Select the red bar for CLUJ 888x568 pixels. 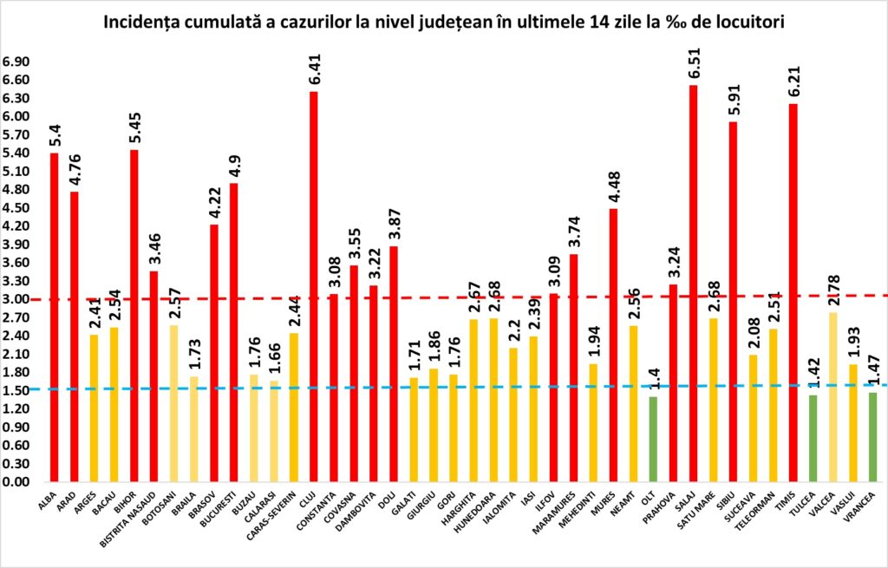point(313,286)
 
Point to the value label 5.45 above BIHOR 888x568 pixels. point(134,128)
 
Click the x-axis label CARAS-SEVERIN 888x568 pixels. point(280,513)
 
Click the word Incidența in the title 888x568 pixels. point(144,22)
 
